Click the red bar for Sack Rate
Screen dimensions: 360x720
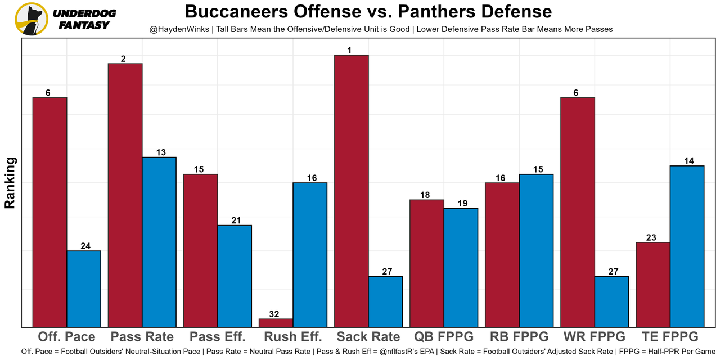[352, 191]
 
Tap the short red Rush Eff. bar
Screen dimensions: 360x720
[276, 323]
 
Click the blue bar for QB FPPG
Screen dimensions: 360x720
[461, 267]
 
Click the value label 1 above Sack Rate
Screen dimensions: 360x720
[350, 51]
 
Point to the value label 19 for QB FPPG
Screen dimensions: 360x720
[461, 204]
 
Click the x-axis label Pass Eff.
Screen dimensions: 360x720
[218, 337]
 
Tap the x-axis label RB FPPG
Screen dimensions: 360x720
[519, 337]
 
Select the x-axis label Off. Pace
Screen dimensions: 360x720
[66, 337]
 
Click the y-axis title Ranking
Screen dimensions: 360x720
[10, 183]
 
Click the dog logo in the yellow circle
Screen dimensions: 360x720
[31, 19]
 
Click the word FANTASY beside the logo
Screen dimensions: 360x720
[84, 25]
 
